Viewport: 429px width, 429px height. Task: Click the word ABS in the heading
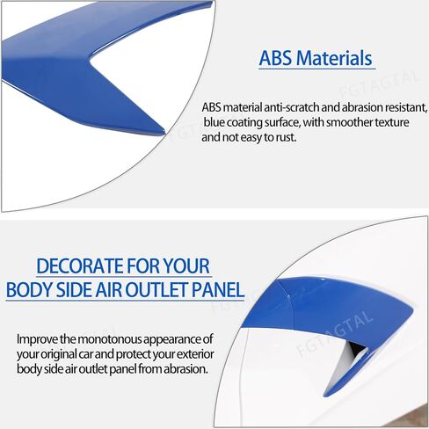pyautogui.click(x=275, y=58)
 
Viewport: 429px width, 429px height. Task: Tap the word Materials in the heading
pyautogui.click(x=334, y=58)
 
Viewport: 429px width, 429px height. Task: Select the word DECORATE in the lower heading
pyautogui.click(x=79, y=266)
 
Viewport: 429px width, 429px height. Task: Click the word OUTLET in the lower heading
pyautogui.click(x=156, y=290)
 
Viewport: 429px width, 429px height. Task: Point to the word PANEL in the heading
pyautogui.click(x=218, y=290)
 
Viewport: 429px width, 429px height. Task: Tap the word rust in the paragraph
pyautogui.click(x=287, y=137)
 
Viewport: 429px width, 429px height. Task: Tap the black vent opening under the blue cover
pyautogui.click(x=357, y=350)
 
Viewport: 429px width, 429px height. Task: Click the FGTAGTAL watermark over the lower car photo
pyautogui.click(x=334, y=333)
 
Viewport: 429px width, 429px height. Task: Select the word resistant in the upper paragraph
pyautogui.click(x=406, y=107)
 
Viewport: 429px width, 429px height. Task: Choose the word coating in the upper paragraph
pyautogui.click(x=244, y=122)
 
